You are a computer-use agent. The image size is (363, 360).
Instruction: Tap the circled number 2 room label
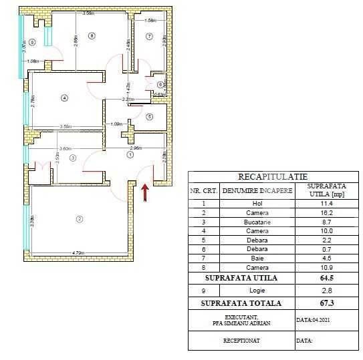79,219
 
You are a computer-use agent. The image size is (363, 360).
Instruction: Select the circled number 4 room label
64,98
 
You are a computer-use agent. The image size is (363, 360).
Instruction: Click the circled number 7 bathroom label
149,35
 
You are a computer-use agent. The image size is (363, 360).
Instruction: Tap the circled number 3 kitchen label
74,158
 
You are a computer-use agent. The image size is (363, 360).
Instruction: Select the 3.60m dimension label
65,148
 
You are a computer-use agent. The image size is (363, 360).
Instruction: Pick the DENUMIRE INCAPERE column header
257,190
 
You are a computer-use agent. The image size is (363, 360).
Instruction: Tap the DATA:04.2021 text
313,320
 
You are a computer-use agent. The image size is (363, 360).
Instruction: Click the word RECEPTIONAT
241,340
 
